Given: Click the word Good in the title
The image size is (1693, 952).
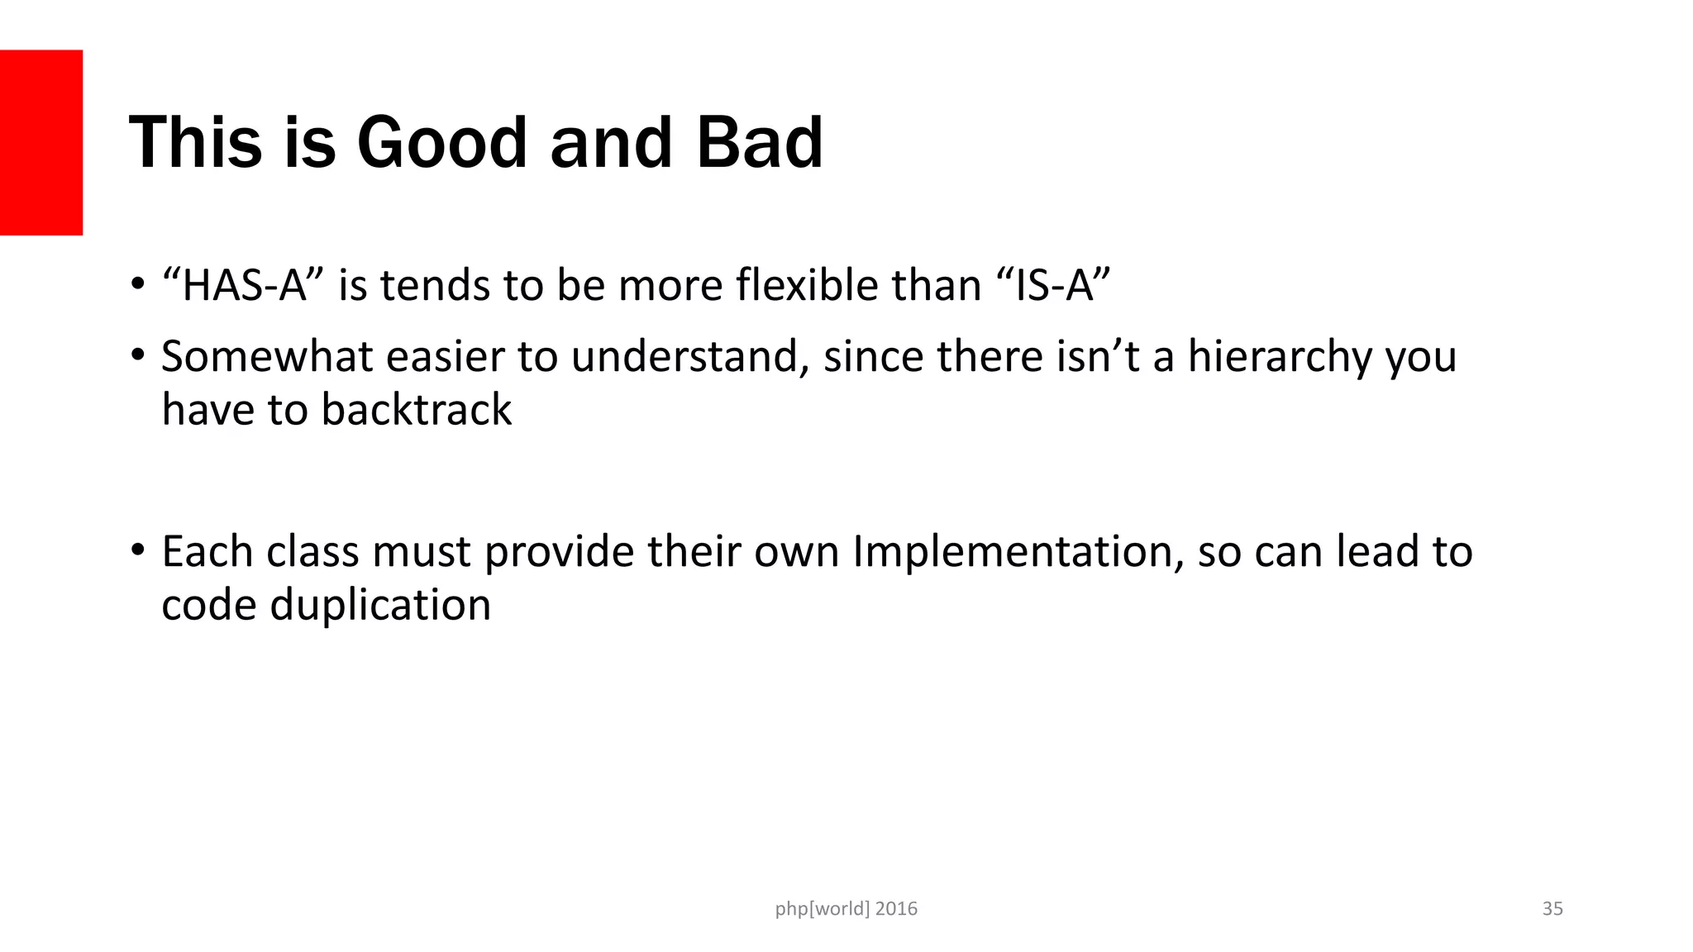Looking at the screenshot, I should [x=441, y=143].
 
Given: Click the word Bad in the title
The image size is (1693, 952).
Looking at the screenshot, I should [x=759, y=143].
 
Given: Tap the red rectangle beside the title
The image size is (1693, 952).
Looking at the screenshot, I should [x=41, y=142].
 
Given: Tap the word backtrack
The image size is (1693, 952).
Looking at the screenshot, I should [x=416, y=410].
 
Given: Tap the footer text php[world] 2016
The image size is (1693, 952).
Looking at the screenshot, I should [x=846, y=909].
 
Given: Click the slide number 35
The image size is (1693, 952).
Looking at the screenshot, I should [x=1552, y=909].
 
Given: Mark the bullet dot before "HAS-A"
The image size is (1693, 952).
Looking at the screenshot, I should [x=137, y=285].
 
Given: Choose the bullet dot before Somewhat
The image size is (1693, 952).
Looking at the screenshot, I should [x=137, y=356].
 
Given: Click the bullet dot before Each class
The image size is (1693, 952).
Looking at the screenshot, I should [x=137, y=550].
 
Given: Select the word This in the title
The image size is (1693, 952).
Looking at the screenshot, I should [x=194, y=143].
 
